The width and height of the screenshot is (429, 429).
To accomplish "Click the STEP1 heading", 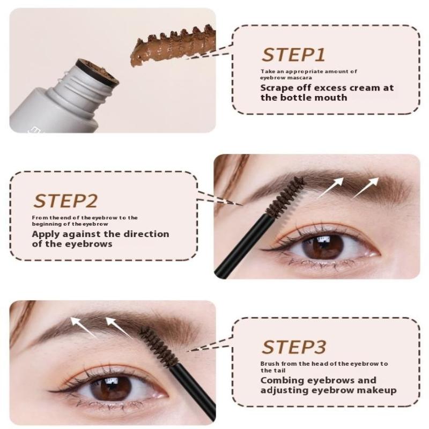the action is [x=293, y=55].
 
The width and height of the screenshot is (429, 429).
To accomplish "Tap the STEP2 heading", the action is [x=65, y=201].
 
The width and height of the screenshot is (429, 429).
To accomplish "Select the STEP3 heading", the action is [x=294, y=347].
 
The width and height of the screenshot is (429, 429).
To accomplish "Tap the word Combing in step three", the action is [x=283, y=381].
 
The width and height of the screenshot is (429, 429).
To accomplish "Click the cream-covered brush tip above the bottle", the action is [x=173, y=47].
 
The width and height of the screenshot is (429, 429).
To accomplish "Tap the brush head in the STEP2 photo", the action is [x=285, y=196].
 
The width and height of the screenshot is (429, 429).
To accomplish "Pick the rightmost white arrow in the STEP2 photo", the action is [x=366, y=188].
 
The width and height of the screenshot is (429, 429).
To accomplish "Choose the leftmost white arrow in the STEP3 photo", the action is [x=84, y=328].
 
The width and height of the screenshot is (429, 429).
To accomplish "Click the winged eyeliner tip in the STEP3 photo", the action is [x=50, y=391].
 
